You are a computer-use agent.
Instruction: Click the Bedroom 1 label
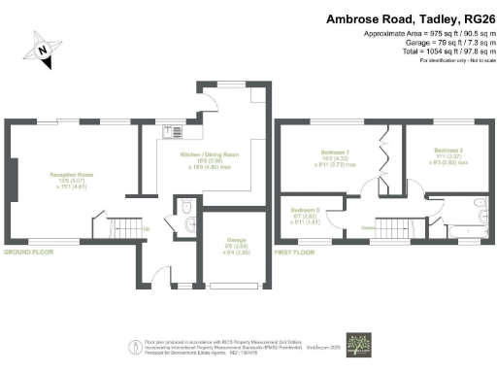[x=338, y=153]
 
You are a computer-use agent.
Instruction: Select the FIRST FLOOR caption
[x=296, y=251]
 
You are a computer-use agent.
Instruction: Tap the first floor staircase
[x=393, y=229]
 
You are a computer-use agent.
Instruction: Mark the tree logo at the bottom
[x=360, y=345]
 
